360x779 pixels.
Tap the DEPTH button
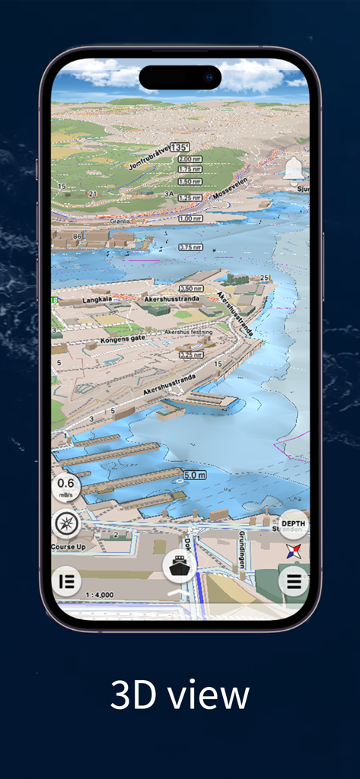click(293, 524)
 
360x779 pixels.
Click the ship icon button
click(180, 565)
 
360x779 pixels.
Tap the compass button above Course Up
click(66, 524)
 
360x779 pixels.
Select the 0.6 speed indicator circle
click(66, 486)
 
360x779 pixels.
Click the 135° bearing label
click(180, 147)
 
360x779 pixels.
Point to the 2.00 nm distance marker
click(190, 159)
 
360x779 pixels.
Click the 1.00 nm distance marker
click(190, 219)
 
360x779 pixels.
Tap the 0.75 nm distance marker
click(190, 247)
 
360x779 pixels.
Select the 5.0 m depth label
click(195, 475)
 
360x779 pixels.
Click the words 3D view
click(180, 695)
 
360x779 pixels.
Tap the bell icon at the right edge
click(293, 168)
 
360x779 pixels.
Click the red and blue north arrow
click(293, 552)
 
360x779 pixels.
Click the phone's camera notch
click(180, 77)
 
